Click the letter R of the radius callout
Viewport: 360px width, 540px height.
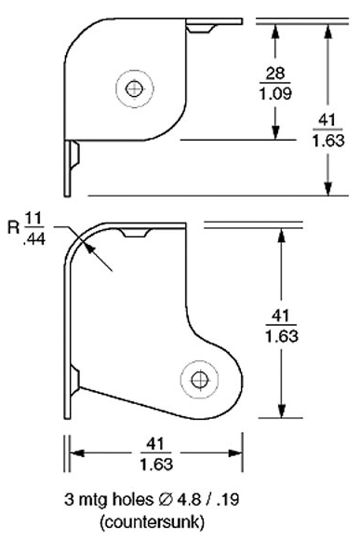[x=12, y=226]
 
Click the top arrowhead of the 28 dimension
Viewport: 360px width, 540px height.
[x=276, y=26]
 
